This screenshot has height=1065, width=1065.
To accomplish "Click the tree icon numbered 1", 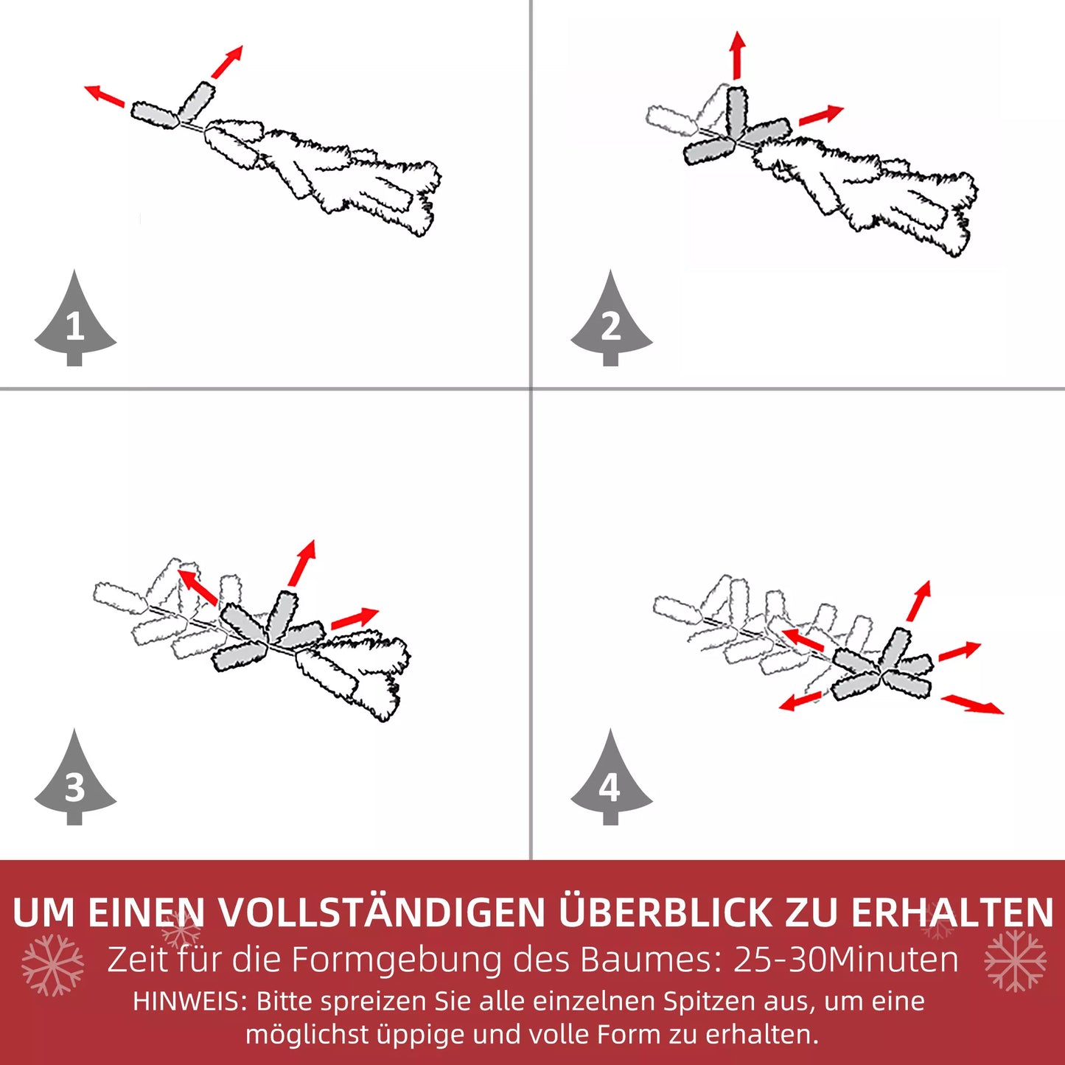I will (74, 321).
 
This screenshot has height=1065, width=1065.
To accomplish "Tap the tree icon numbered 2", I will (611, 321).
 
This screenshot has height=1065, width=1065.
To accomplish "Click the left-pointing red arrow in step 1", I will (104, 96).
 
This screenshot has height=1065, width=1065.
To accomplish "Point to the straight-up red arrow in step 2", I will (737, 55).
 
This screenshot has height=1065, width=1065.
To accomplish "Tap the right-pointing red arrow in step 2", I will (820, 115).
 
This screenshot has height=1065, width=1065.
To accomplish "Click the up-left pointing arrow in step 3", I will (198, 587).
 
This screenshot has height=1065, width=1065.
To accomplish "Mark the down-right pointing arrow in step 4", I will (972, 703).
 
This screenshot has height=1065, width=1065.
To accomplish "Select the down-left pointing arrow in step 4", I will (800, 700).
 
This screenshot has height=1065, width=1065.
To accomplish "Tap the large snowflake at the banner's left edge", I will (52, 965).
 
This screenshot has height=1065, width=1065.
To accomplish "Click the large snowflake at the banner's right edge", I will (1015, 960).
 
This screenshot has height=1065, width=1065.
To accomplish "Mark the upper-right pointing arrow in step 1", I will (226, 62).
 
